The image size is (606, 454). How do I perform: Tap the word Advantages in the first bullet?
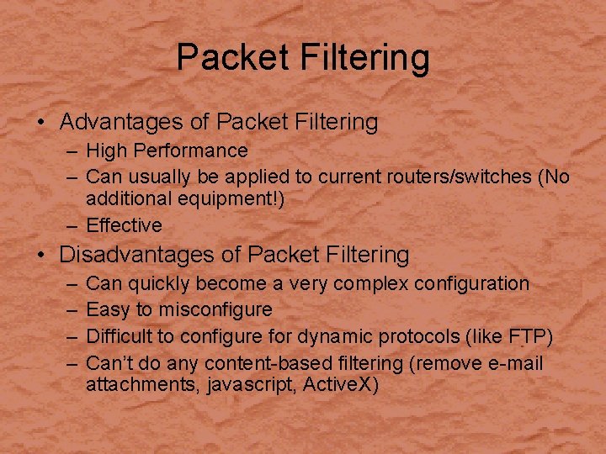(x=123, y=122)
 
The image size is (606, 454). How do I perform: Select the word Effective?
(x=124, y=225)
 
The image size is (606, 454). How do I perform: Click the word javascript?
(x=250, y=386)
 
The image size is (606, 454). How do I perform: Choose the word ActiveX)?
(x=341, y=386)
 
